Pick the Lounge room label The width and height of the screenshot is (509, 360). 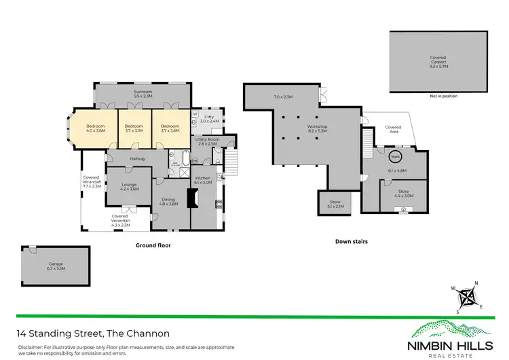[129, 186]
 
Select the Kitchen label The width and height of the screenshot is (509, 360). [203, 180]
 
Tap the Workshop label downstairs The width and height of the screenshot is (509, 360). [317, 129]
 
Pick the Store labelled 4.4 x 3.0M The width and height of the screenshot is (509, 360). [405, 194]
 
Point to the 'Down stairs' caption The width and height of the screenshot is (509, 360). [352, 241]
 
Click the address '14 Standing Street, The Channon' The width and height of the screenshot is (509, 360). [93, 334]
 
